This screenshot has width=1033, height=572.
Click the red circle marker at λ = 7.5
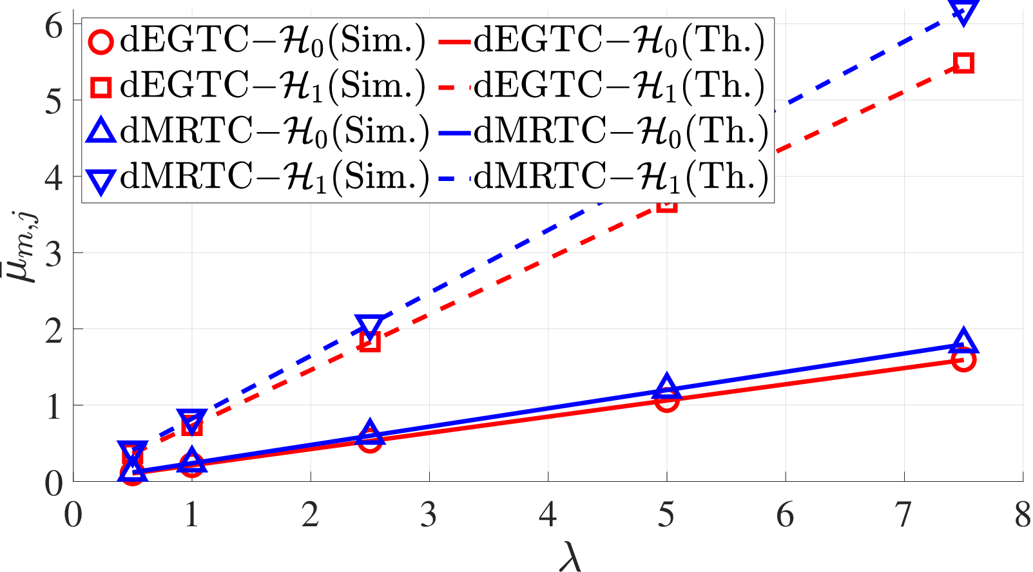pyautogui.click(x=963, y=359)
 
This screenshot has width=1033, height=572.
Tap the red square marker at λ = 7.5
pyautogui.click(x=963, y=63)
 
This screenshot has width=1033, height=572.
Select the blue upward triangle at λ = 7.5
pyautogui.click(x=963, y=339)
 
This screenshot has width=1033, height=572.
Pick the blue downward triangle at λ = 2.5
pyautogui.click(x=370, y=325)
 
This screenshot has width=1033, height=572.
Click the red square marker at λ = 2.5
pyautogui.click(x=370, y=341)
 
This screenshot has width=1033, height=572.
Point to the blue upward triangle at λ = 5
pyautogui.click(x=666, y=385)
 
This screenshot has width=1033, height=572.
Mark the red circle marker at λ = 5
pyautogui.click(x=666, y=400)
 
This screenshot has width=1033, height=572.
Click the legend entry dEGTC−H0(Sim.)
pyautogui.click(x=255, y=41)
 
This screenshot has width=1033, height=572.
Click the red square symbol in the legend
pyautogui.click(x=101, y=87)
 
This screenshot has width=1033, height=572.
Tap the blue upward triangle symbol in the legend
pyautogui.click(x=101, y=131)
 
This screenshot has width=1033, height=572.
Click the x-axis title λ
pyautogui.click(x=570, y=556)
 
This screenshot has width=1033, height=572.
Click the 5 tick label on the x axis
pyautogui.click(x=666, y=515)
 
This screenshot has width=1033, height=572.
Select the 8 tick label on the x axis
pyautogui.click(x=1023, y=515)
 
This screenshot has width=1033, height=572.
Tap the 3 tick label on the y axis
pyautogui.click(x=53, y=253)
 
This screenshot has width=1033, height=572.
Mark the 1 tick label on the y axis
pyautogui.click(x=54, y=406)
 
